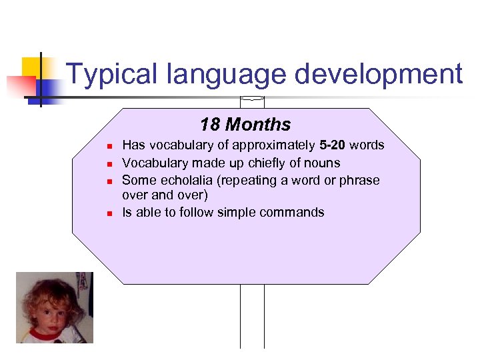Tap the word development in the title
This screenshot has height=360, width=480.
coord(378,74)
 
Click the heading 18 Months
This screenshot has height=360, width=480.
coord(245,125)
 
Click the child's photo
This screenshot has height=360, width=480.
coord(55,307)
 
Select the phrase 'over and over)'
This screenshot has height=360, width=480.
coord(165,196)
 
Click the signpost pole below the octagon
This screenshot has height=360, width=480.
coord(252,317)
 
